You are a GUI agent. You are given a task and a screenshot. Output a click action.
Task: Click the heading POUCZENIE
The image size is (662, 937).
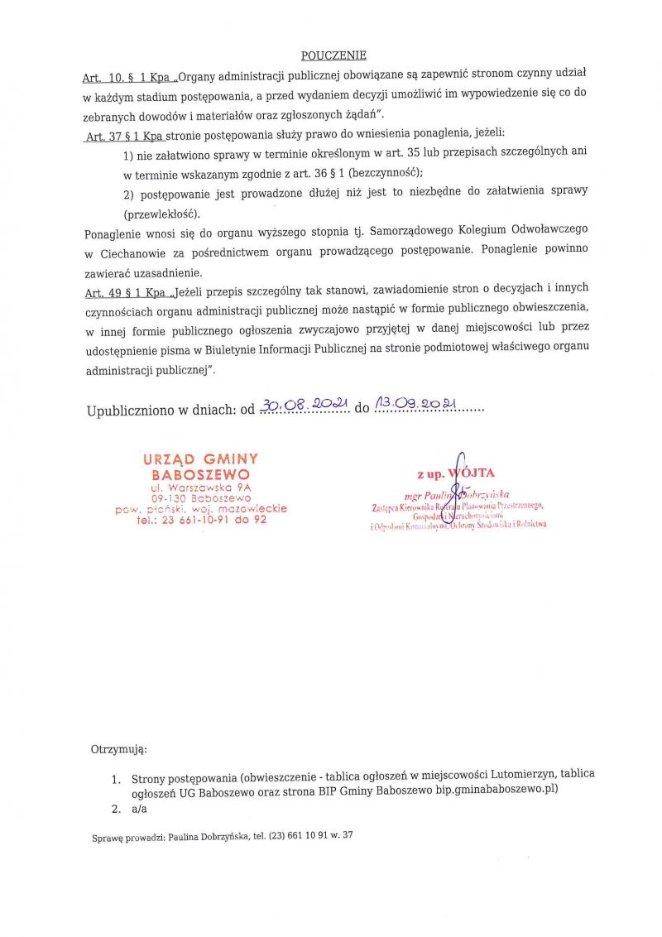pyautogui.click(x=333, y=56)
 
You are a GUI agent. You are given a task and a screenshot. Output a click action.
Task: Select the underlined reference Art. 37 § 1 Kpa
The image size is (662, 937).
pyautogui.click(x=124, y=132)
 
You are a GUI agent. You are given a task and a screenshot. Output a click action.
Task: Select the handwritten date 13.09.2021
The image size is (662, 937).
pyautogui.click(x=416, y=405)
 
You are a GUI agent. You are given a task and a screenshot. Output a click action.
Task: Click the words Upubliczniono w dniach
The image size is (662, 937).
pyautogui.click(x=161, y=410)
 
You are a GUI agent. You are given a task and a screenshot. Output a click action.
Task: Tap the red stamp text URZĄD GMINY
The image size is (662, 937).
pyautogui.click(x=200, y=459)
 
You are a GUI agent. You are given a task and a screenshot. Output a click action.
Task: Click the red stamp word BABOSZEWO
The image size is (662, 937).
pyautogui.click(x=200, y=475)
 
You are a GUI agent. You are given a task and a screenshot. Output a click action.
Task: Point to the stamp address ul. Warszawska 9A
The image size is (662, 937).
pyautogui.click(x=201, y=488)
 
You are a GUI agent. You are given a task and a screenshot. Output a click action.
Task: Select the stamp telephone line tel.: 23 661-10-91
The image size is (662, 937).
pyautogui.click(x=201, y=520)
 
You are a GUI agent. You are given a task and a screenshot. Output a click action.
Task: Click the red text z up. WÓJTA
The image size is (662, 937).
pyautogui.click(x=456, y=473)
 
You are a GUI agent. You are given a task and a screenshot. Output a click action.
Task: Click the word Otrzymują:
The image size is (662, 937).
pyautogui.click(x=118, y=749)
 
